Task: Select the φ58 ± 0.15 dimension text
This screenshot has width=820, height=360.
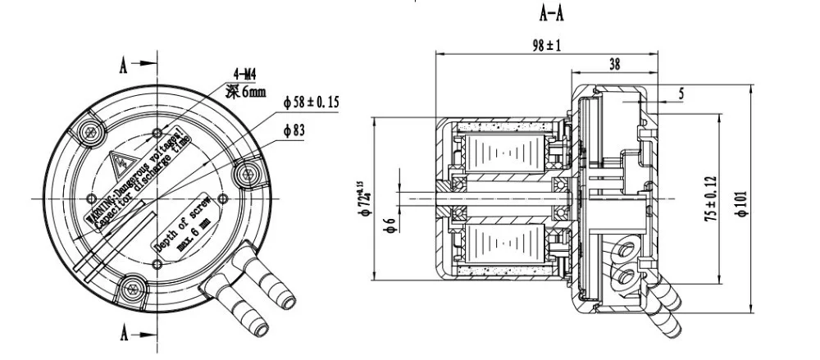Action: click(x=312, y=103)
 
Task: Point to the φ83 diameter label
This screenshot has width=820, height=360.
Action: click(x=294, y=130)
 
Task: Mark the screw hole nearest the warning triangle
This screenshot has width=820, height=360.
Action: click(x=89, y=130)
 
